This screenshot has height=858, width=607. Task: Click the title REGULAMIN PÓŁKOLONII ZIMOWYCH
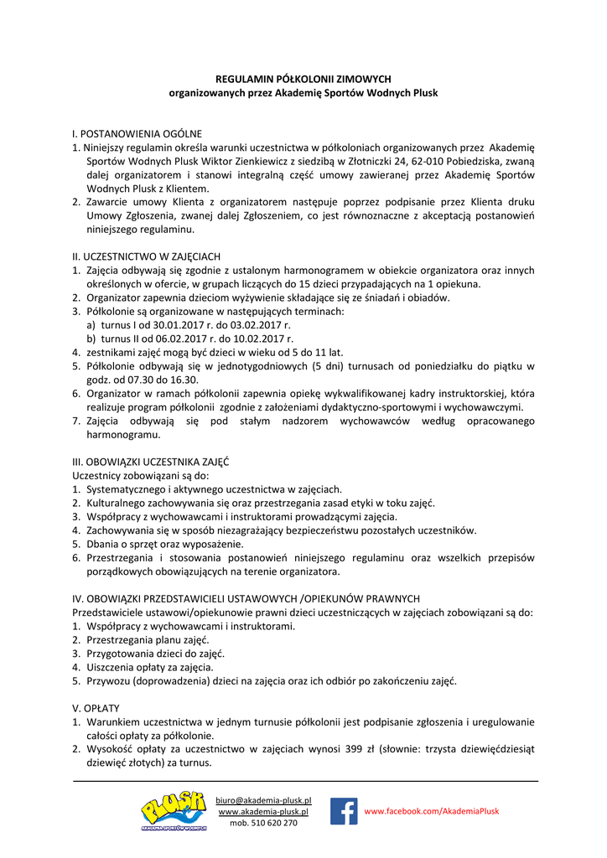(x=303, y=79)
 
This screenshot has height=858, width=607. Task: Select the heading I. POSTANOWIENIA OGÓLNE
(x=137, y=133)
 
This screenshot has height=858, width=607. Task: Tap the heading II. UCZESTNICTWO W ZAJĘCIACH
(x=147, y=256)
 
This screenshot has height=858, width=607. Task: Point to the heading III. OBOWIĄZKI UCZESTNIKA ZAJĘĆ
(x=151, y=462)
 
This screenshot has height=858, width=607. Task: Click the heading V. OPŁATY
(x=96, y=708)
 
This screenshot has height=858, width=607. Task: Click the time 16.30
(x=184, y=380)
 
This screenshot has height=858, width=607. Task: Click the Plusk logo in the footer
(x=174, y=810)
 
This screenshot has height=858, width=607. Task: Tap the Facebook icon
(x=344, y=811)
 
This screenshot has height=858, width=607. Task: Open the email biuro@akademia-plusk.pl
(x=263, y=801)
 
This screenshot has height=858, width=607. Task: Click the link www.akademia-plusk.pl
(x=263, y=812)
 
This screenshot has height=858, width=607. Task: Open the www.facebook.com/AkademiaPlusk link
(x=431, y=811)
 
